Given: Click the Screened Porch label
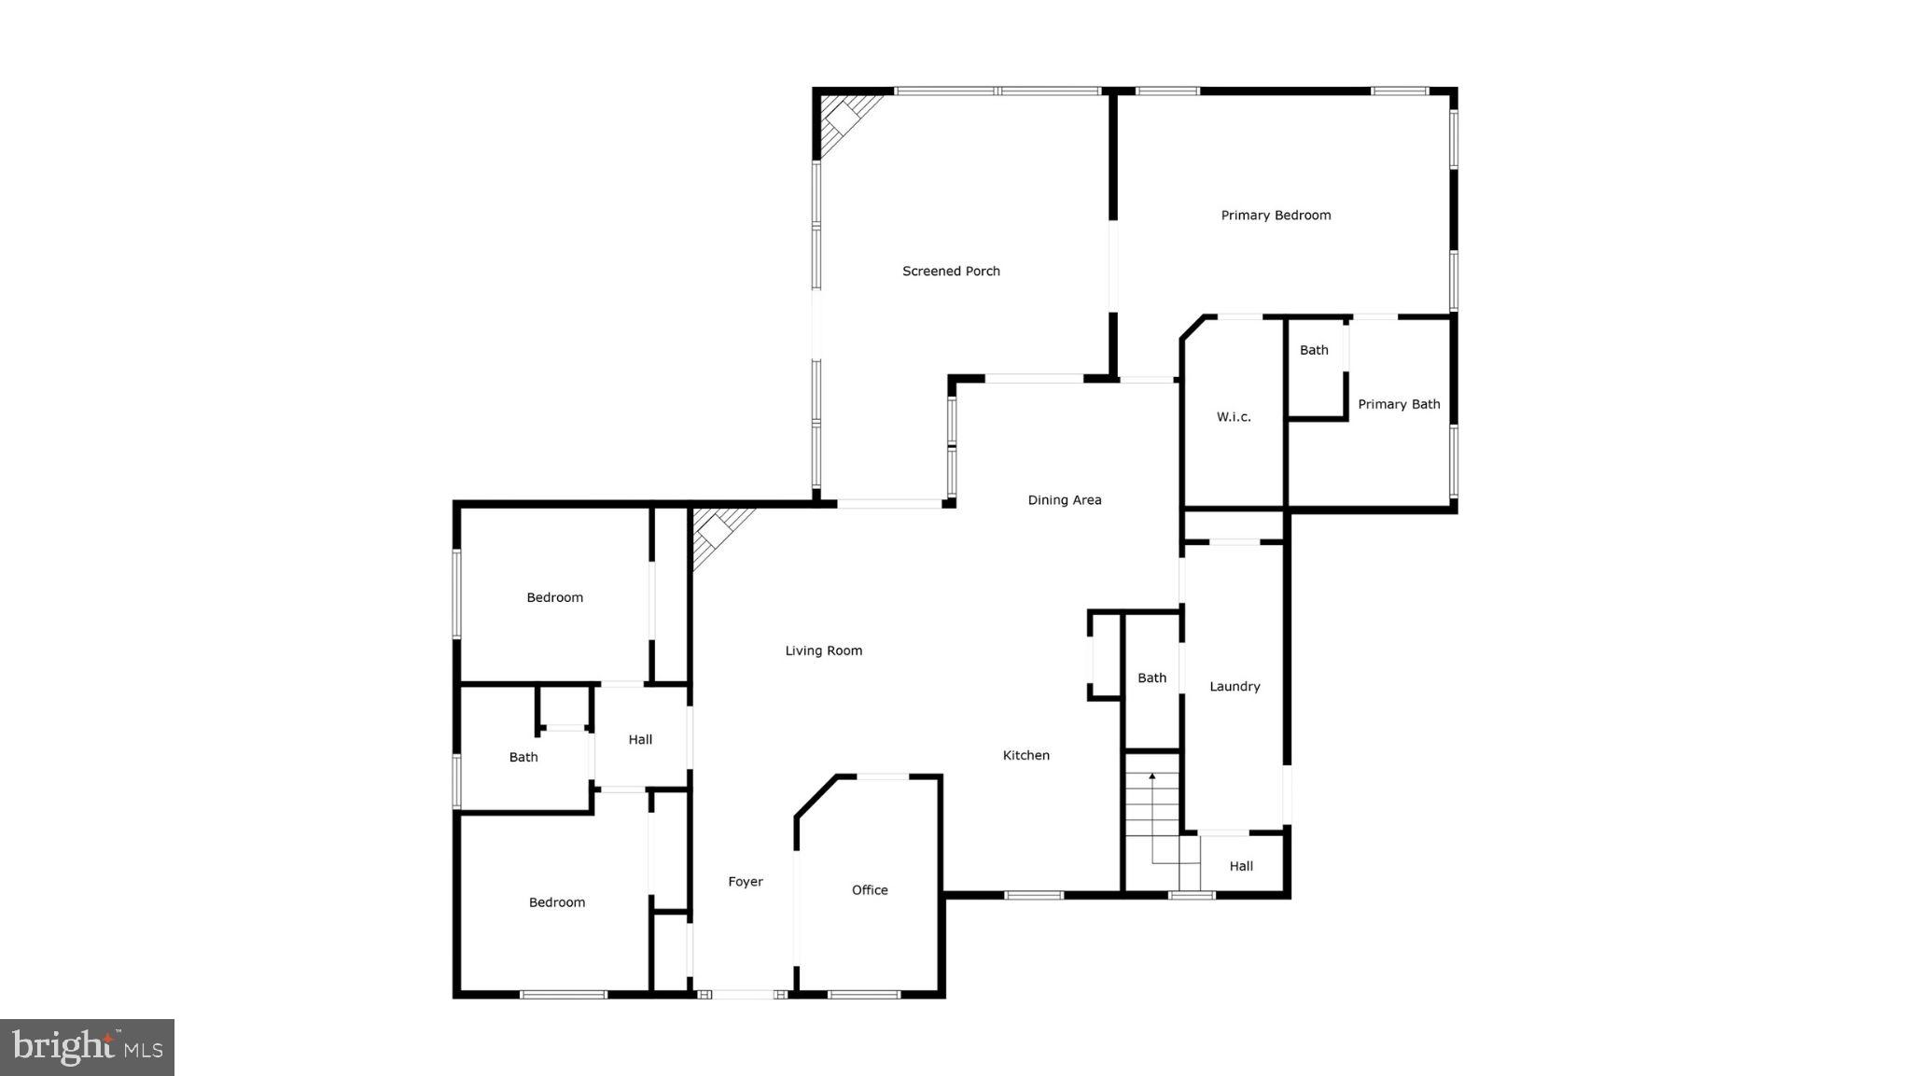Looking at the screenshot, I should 951,272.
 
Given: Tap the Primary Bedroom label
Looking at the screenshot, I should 1276,216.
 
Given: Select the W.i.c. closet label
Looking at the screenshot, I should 1234,417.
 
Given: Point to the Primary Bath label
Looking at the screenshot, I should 1399,404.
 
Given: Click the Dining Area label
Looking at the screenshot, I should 1065,500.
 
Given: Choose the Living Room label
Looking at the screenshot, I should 823,651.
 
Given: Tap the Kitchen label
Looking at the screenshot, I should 1025,756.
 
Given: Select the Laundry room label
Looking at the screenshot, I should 1234,687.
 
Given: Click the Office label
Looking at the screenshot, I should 870,890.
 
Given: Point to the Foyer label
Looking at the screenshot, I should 746,882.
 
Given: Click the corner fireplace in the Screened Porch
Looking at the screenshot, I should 844,119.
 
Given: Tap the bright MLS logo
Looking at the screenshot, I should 88,1047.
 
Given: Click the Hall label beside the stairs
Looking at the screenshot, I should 1241,866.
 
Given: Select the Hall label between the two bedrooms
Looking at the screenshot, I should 640,740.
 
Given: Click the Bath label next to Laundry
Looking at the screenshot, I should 1151,678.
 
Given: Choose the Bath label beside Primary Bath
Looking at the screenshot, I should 1314,351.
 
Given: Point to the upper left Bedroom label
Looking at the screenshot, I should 554,598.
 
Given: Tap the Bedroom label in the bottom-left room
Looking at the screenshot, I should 557,902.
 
